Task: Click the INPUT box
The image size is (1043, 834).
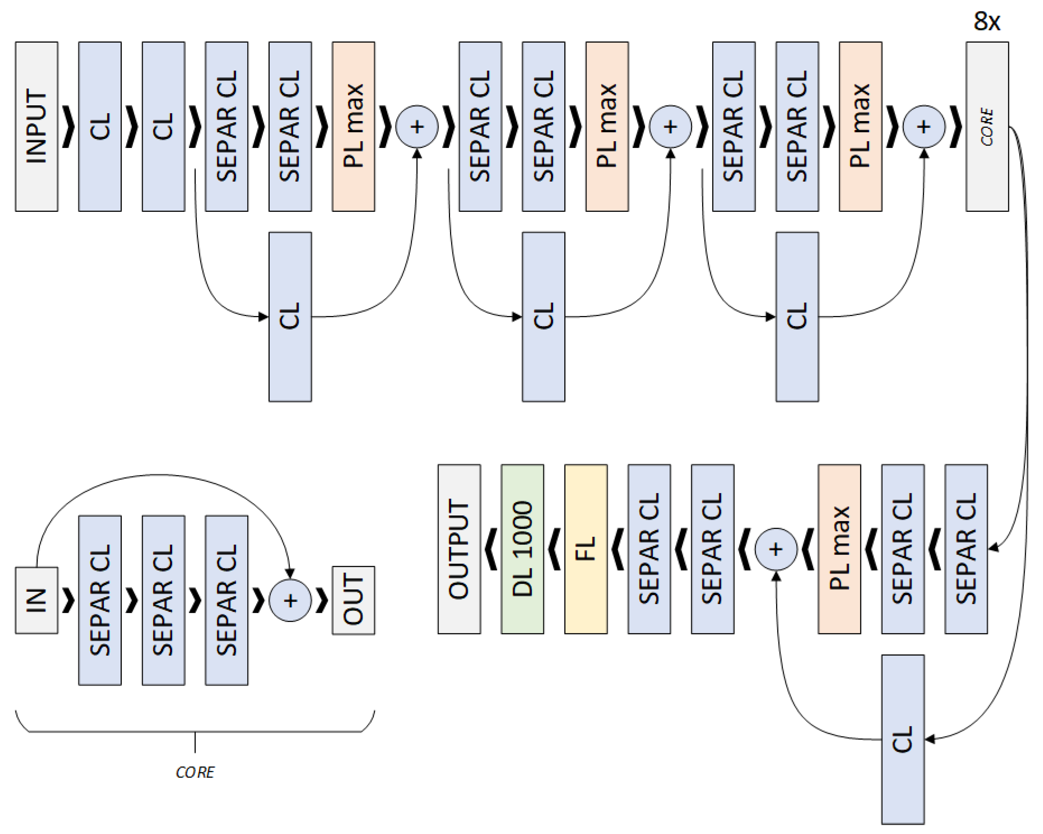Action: click(36, 126)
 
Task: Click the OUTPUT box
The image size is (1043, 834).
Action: click(459, 549)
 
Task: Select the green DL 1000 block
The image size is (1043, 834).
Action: click(522, 549)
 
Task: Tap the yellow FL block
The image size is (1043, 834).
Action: click(586, 549)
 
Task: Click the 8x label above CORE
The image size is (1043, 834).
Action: click(987, 22)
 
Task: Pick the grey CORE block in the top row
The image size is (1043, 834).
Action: click(987, 126)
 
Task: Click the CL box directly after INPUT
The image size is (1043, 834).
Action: click(100, 126)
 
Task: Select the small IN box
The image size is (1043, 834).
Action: click(36, 600)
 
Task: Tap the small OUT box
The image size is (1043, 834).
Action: click(353, 600)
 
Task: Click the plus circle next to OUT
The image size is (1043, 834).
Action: click(290, 600)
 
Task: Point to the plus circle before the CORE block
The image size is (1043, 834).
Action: click(924, 127)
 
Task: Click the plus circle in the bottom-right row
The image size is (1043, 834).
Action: click(776, 549)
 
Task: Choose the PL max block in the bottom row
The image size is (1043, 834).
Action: click(839, 549)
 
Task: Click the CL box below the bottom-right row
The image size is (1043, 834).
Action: click(903, 739)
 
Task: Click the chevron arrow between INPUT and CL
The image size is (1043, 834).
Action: click(69, 127)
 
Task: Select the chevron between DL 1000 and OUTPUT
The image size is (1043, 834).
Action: click(491, 549)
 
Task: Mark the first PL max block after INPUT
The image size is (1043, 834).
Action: click(353, 126)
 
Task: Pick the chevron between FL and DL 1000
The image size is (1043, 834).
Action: click(555, 549)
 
